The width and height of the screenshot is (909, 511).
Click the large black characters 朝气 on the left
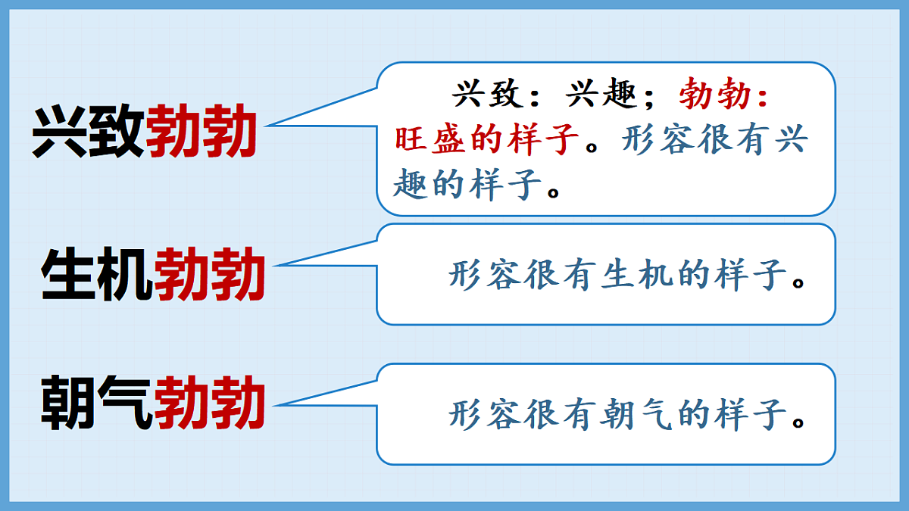96,403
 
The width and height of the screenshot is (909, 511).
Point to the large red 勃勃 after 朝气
209,403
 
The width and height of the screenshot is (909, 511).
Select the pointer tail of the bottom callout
326,393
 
